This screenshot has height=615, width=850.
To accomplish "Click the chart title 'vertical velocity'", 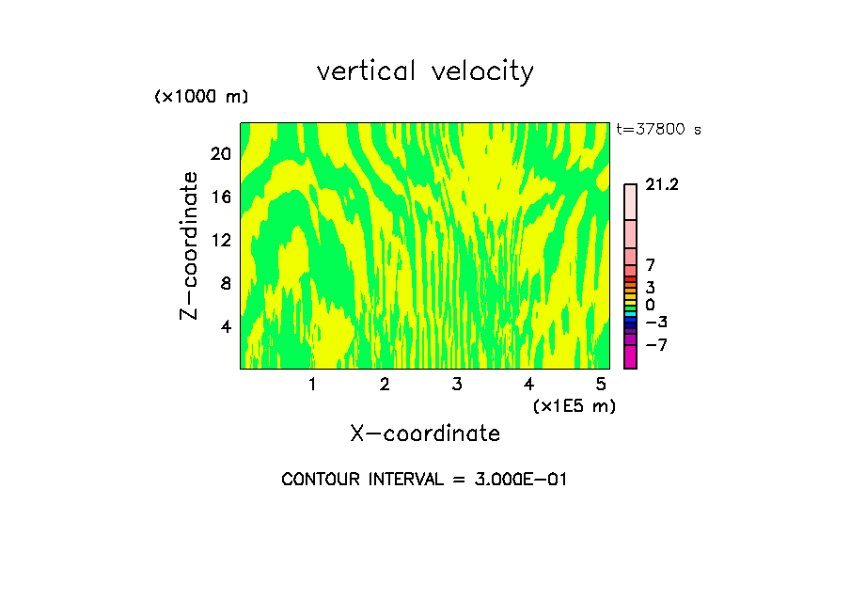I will click(x=425, y=71).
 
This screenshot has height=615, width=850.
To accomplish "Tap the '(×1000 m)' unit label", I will click(x=201, y=97).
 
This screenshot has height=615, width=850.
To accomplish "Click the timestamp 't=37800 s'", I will click(x=659, y=130).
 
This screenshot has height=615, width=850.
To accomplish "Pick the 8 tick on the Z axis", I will click(x=225, y=283).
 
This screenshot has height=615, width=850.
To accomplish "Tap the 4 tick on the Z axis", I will click(x=225, y=326).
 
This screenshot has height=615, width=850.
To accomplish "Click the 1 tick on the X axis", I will click(x=312, y=384).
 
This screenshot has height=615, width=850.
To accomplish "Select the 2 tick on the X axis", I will click(x=385, y=384).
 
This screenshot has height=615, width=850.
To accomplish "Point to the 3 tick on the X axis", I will click(x=456, y=384).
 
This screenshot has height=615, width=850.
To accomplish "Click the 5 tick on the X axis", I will click(x=601, y=384).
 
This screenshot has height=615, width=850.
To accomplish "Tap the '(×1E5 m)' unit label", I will click(x=575, y=406).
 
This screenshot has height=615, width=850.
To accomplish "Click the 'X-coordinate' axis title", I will click(x=425, y=434).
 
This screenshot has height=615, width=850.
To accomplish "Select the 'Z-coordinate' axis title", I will click(x=190, y=245).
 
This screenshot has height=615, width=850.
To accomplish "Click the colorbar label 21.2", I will click(x=662, y=185).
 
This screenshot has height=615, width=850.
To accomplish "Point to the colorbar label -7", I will click(x=656, y=345).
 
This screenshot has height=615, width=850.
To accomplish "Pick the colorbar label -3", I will click(x=656, y=323).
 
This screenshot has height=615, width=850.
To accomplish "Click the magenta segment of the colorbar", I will click(x=630, y=357).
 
